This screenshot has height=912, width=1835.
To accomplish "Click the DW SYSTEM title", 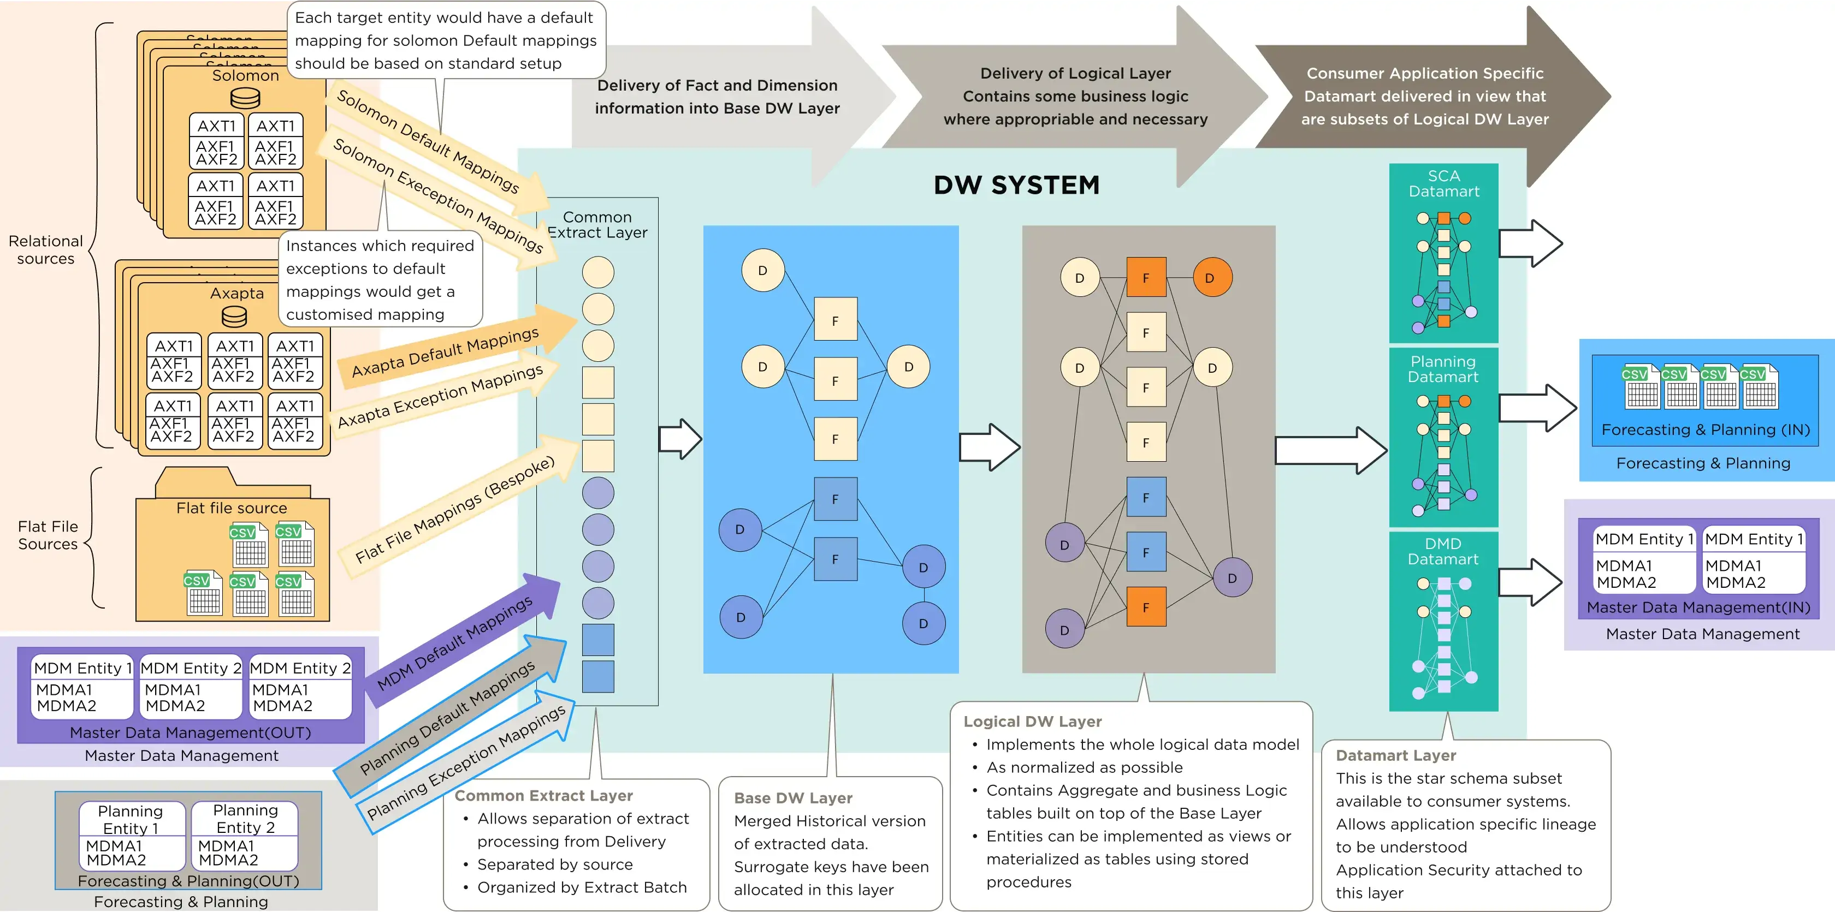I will click(x=1016, y=185).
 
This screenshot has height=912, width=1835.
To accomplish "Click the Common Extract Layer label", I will click(x=597, y=225).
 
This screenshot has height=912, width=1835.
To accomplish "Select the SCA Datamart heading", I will click(x=1443, y=184).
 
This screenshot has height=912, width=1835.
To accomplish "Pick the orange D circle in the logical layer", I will click(x=1212, y=278).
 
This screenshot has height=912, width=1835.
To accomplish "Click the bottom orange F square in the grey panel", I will click(x=1145, y=607).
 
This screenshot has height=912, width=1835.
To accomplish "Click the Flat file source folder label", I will click(x=232, y=508).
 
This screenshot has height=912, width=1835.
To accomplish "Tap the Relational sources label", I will click(x=45, y=250).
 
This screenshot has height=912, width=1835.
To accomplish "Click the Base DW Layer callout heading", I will click(x=793, y=798).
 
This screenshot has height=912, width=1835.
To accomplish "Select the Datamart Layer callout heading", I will click(x=1395, y=755).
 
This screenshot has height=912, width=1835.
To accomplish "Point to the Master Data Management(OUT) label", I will click(x=190, y=732).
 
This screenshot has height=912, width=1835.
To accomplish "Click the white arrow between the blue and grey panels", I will click(x=990, y=447).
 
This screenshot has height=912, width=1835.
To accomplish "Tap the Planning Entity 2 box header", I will click(x=245, y=819).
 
